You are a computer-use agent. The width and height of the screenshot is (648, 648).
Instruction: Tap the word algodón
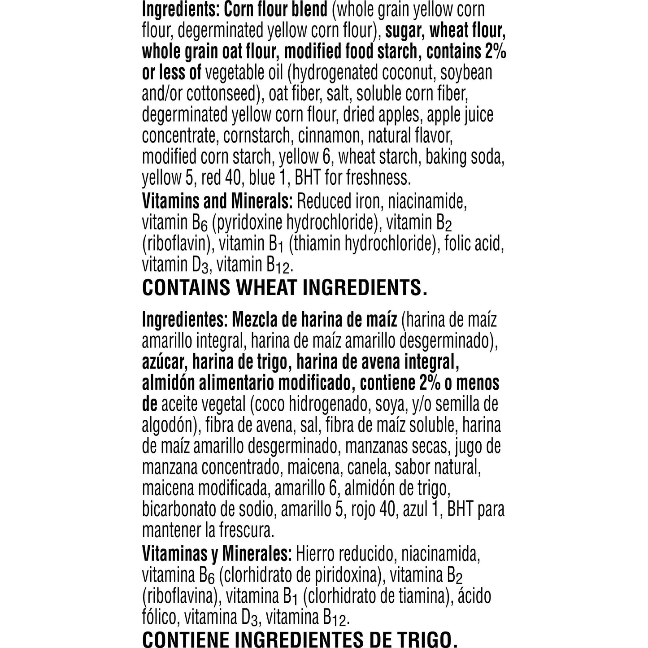pyautogui.click(x=168, y=426)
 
